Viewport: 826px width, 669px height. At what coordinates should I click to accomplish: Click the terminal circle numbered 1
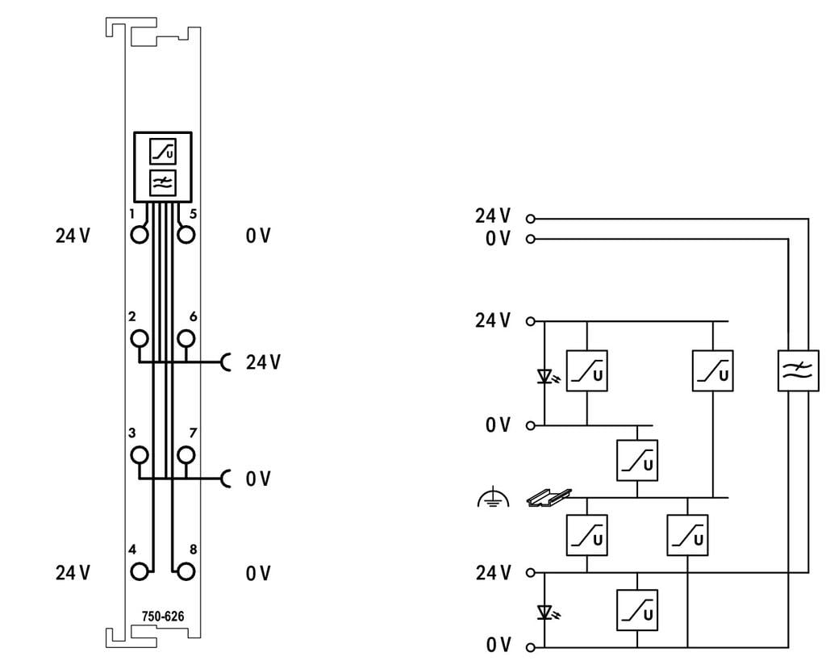tap(139, 235)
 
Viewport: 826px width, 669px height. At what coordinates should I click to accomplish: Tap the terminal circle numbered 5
tap(186, 235)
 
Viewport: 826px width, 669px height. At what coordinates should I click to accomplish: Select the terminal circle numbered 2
tap(140, 338)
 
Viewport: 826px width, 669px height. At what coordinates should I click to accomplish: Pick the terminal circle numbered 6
tap(186, 338)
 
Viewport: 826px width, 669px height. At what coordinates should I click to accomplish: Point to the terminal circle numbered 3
tap(140, 454)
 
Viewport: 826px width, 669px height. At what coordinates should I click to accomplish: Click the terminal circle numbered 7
tap(186, 454)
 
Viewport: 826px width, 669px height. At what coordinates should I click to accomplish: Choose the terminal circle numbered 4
tap(139, 571)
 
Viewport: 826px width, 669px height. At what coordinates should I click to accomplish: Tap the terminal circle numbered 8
tap(186, 571)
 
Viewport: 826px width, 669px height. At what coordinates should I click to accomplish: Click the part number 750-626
tap(163, 617)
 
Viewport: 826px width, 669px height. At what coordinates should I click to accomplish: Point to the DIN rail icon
tap(549, 498)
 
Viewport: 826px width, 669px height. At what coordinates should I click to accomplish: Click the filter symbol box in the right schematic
tap(798, 370)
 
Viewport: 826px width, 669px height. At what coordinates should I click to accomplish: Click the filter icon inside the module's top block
tap(163, 183)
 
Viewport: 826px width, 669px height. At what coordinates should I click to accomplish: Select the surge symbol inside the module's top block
tap(163, 152)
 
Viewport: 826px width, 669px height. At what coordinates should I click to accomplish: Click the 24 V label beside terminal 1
tap(73, 235)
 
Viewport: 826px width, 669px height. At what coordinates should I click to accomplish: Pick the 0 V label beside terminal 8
tap(258, 572)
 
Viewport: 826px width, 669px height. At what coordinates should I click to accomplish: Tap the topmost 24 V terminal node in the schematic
tap(531, 218)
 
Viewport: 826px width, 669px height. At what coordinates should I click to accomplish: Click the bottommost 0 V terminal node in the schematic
tap(531, 647)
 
